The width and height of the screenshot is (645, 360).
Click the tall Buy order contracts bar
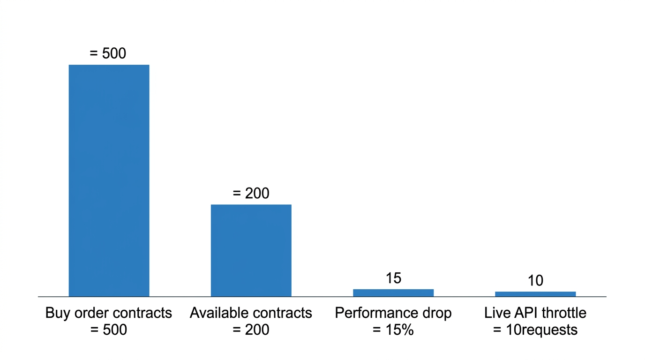coord(109,180)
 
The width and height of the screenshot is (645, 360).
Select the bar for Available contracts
coord(251,251)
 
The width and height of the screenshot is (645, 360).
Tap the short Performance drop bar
coord(393,293)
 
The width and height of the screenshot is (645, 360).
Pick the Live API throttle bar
coord(536,294)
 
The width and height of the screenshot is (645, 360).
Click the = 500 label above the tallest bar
coord(108,53)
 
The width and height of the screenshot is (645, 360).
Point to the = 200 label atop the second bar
coord(251,193)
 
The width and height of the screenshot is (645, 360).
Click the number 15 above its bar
coord(393,278)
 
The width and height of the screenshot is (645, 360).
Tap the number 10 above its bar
coord(536,280)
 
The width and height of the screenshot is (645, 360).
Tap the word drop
coord(437,313)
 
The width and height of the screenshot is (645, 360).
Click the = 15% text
coord(393,330)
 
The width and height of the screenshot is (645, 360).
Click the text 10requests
coord(541,330)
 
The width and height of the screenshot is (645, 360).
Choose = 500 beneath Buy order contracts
coord(109,330)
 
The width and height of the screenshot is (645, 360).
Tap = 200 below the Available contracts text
coord(251,330)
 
